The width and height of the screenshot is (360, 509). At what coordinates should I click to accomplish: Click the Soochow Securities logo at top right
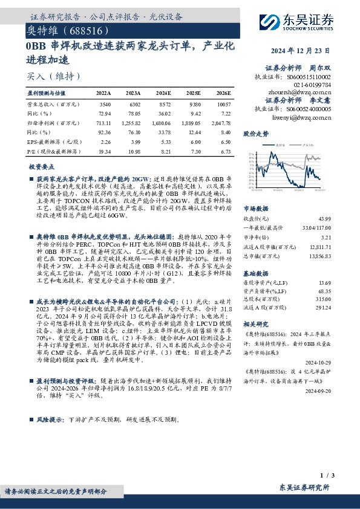point(301,21)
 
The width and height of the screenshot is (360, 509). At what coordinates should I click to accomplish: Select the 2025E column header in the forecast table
point(195,94)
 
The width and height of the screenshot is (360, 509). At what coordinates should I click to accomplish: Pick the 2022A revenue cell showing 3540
point(104,103)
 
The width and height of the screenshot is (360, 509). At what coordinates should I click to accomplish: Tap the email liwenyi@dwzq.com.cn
point(304,118)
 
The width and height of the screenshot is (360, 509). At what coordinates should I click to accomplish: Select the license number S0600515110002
point(306,78)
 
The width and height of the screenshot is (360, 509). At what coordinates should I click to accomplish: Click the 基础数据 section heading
point(256,273)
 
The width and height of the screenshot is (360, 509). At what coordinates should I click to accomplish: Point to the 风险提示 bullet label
point(50,418)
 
